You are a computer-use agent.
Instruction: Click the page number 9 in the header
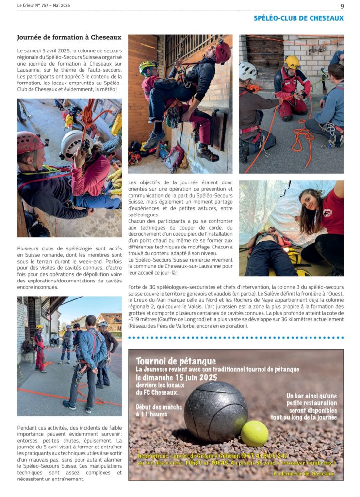tap(342, 6)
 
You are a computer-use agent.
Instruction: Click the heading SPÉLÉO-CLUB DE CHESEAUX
tap(298, 18)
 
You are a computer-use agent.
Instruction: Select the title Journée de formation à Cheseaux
tap(69, 37)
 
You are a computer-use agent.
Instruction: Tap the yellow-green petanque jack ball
tap(255, 433)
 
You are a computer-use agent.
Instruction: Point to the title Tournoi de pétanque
tap(176, 361)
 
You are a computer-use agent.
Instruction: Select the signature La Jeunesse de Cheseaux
tap(304, 473)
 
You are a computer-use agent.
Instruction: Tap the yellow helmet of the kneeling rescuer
tap(292, 62)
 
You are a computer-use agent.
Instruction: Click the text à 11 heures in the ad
tap(151, 414)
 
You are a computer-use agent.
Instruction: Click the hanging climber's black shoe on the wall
tap(207, 154)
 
